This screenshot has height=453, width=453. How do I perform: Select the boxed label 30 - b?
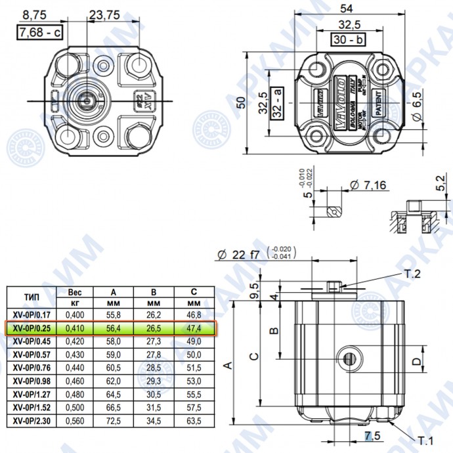pyautogui.click(x=347, y=39)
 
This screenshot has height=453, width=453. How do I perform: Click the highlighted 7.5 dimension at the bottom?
pyautogui.click(x=372, y=436)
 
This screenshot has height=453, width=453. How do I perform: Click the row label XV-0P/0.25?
pyautogui.click(x=32, y=327)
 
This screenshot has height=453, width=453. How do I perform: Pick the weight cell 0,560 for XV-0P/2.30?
pyautogui.click(x=74, y=421)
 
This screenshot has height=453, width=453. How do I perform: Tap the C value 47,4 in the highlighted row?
pyautogui.click(x=193, y=327)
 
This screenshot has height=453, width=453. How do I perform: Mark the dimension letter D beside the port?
pyautogui.click(x=415, y=360)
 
